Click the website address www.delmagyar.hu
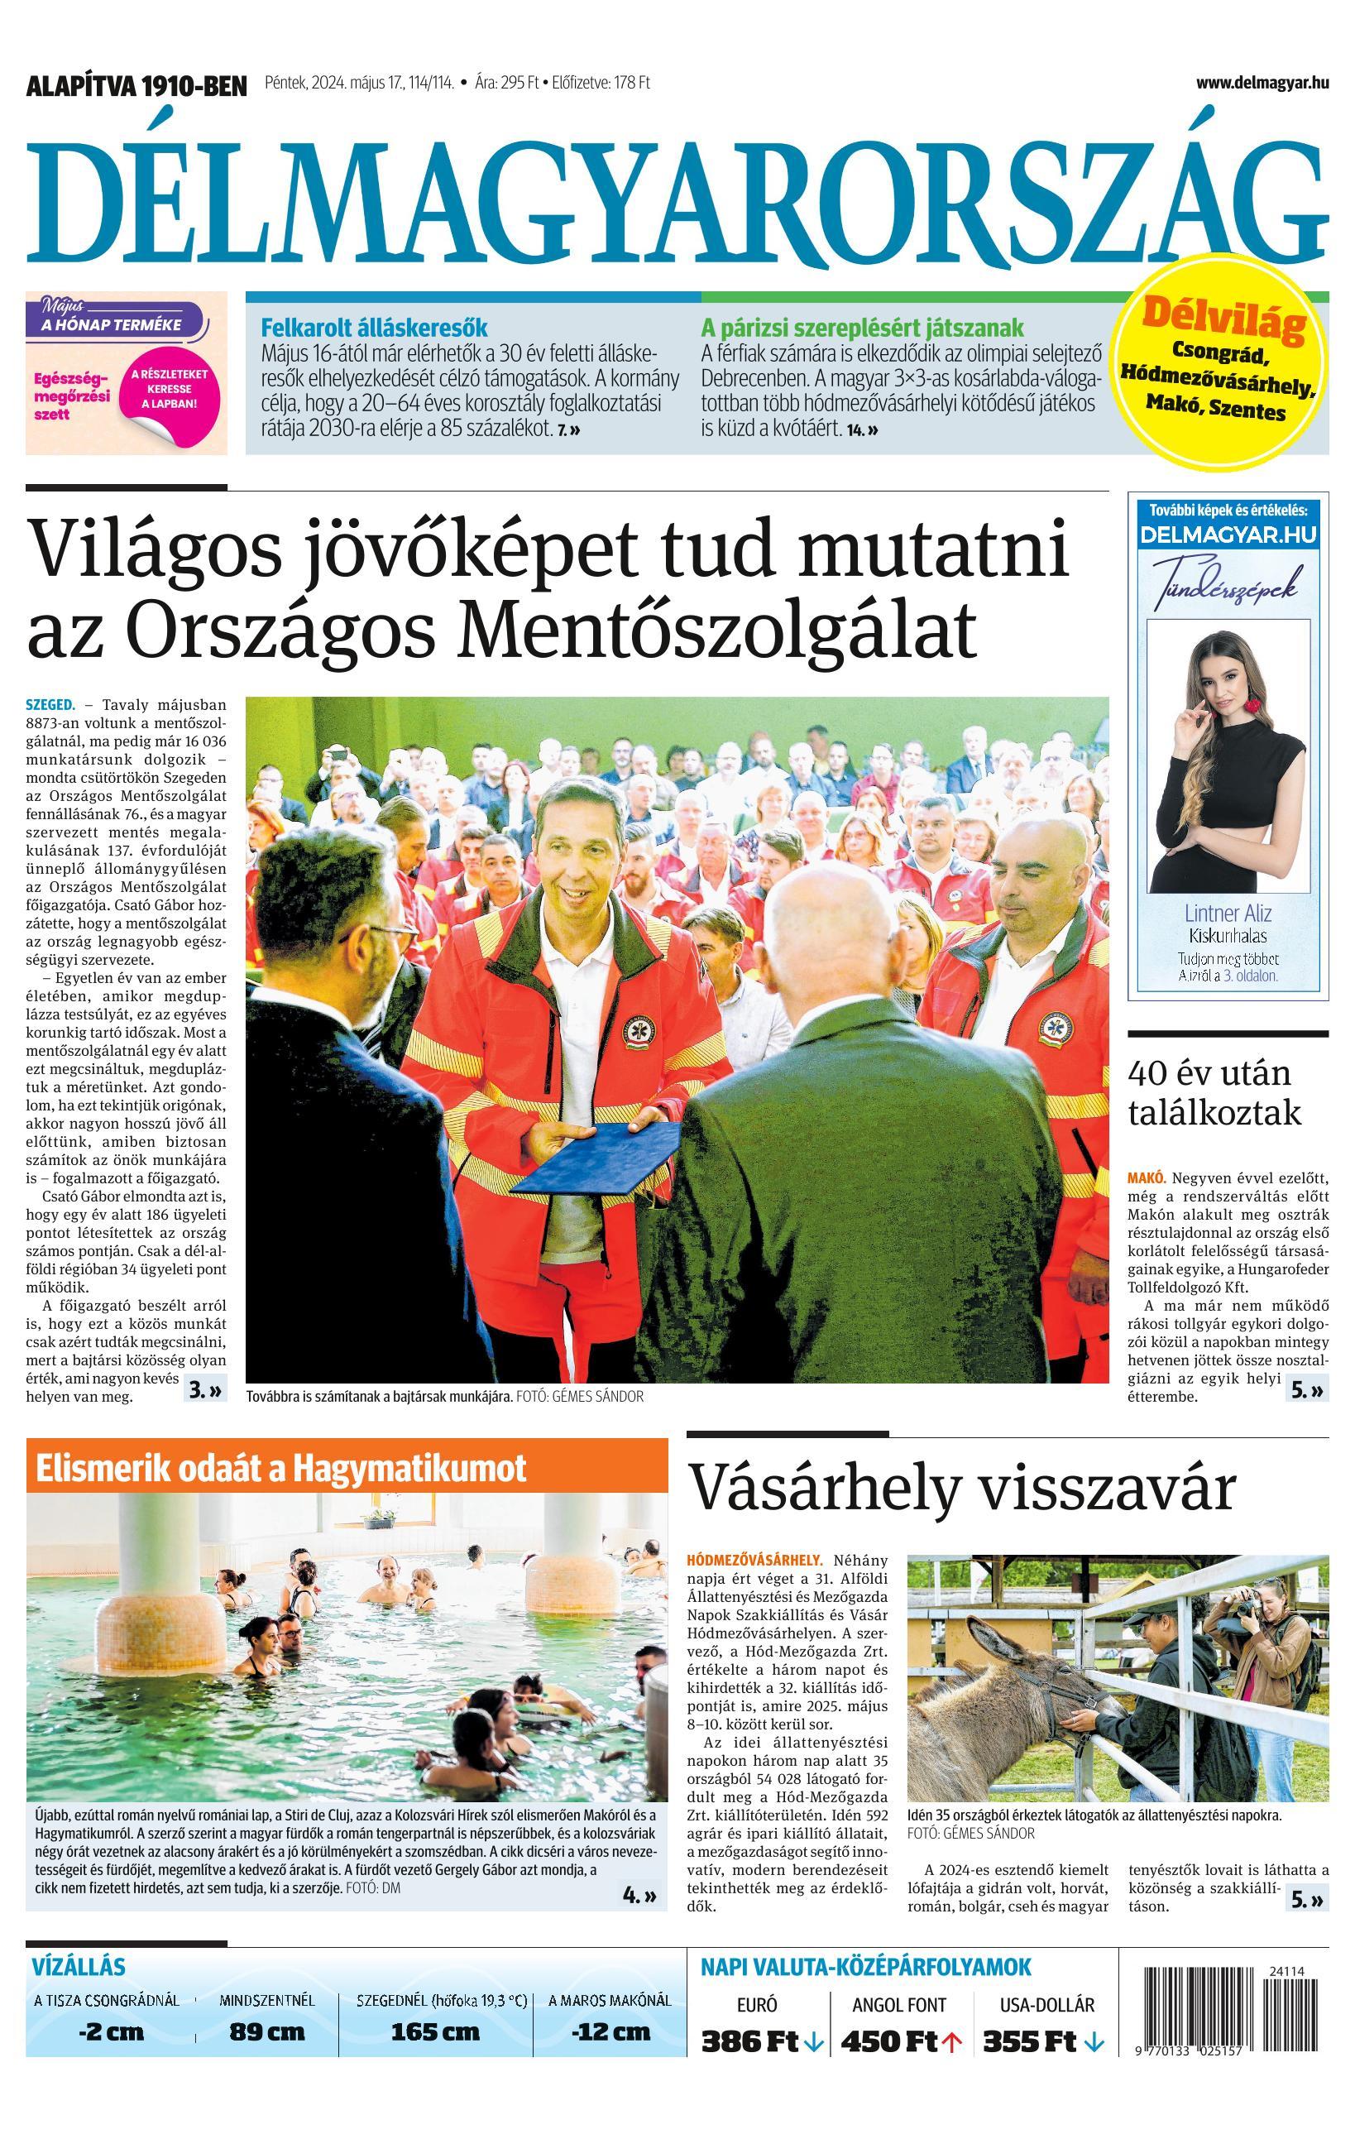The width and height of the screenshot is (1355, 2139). pos(1262,83)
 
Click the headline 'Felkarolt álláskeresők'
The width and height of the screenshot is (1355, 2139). pos(374,327)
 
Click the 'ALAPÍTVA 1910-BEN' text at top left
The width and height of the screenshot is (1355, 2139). pos(136,86)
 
